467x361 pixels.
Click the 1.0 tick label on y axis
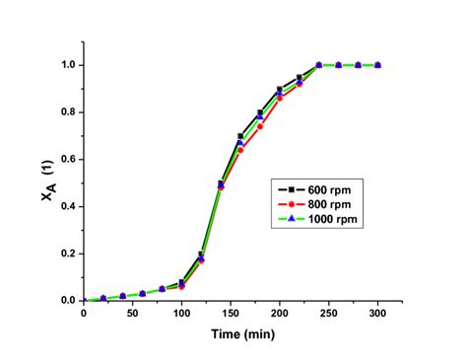pyautogui.click(x=64, y=65)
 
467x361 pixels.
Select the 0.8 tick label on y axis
pyautogui.click(x=64, y=112)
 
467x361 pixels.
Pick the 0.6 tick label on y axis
pyautogui.click(x=64, y=159)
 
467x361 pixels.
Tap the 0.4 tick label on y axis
pyautogui.click(x=64, y=206)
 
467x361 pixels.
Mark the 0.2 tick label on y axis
pyautogui.click(x=64, y=253)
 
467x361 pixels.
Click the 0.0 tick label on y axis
pyautogui.click(x=64, y=301)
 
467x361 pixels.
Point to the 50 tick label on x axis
pyautogui.click(x=132, y=315)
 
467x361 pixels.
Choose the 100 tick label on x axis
pyautogui.click(x=181, y=315)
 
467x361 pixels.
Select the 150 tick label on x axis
pyautogui.click(x=231, y=315)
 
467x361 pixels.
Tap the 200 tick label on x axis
pyautogui.click(x=280, y=315)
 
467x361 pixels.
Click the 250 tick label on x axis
pyautogui.click(x=329, y=315)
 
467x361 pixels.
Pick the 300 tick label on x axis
pyautogui.click(x=378, y=315)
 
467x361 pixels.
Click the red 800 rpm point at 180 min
pyautogui.click(x=260, y=126)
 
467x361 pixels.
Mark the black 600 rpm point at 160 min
pyautogui.click(x=240, y=136)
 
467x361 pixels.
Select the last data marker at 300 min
pyautogui.click(x=378, y=65)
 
